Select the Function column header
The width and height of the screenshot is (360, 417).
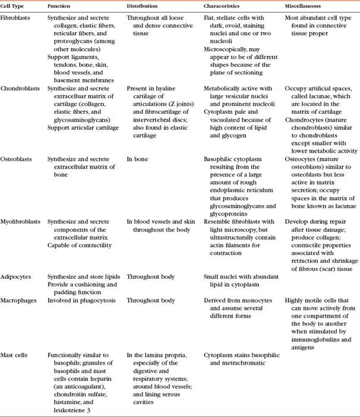point(58,6)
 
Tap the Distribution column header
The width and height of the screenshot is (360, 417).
point(142,6)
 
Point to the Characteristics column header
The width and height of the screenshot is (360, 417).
point(224,6)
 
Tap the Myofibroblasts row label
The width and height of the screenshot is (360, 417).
point(22,221)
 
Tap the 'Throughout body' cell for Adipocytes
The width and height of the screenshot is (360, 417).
point(151,276)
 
